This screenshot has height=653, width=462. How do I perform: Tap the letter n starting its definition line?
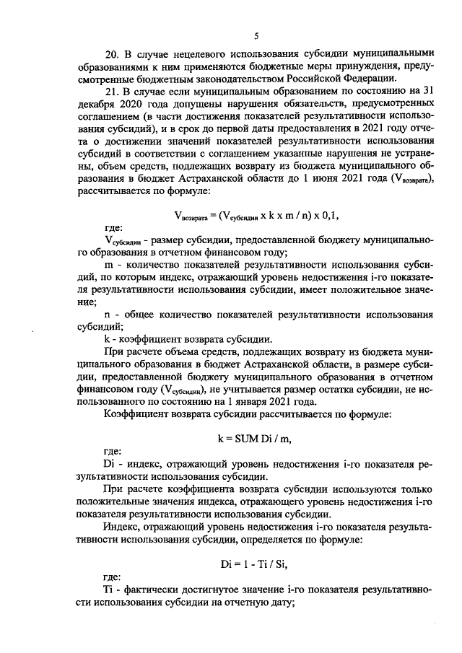pyautogui.click(x=108, y=315)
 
